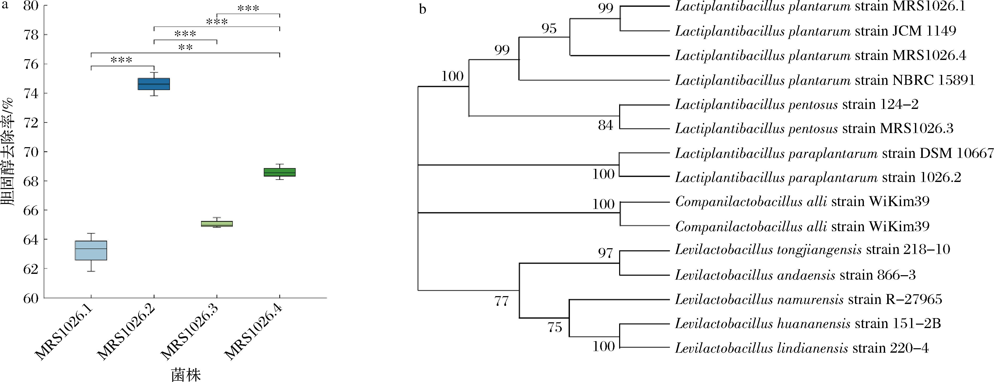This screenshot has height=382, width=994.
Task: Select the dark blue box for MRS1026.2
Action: point(154,84)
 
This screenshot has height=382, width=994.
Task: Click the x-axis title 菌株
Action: point(186,375)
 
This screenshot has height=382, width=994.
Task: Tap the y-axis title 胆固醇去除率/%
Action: point(7,152)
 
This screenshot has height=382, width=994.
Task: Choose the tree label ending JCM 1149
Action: point(815,31)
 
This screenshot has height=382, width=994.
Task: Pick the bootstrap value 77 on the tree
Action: point(502,301)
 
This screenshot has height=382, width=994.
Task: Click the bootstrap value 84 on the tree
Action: point(606,125)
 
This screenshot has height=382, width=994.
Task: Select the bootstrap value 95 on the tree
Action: point(549,28)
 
